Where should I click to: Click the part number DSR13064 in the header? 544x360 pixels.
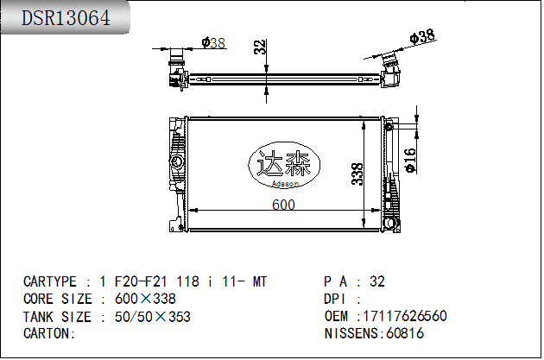click(x=66, y=18)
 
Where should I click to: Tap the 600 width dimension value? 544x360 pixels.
click(x=283, y=205)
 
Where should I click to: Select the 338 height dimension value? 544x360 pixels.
click(x=357, y=174)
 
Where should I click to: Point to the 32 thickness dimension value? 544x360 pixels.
click(x=260, y=47)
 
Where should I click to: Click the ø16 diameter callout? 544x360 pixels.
click(x=410, y=161)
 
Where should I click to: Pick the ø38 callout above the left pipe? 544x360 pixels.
click(x=213, y=43)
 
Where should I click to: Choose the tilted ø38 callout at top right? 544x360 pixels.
click(x=422, y=36)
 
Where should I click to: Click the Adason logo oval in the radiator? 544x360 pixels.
click(x=284, y=165)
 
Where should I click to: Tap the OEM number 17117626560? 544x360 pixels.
click(x=405, y=316)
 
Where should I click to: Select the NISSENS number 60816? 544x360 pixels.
click(x=405, y=333)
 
